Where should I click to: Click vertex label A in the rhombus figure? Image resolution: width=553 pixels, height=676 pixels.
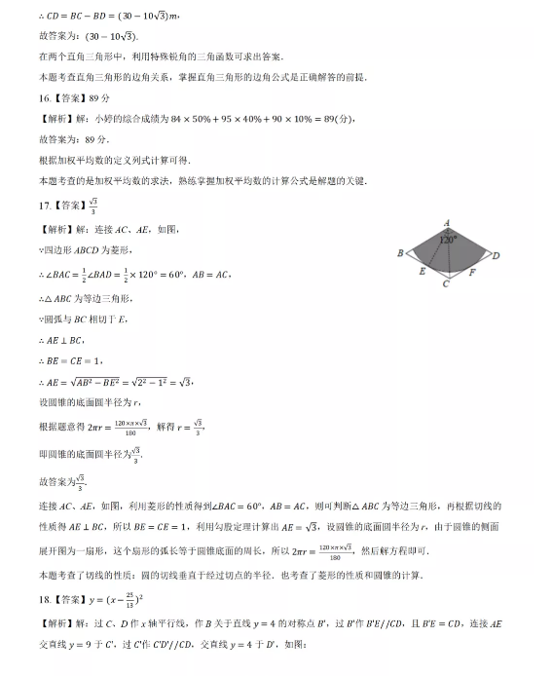446,222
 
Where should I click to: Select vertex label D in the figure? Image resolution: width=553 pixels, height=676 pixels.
496,255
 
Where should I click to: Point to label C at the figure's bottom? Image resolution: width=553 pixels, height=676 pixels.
445,284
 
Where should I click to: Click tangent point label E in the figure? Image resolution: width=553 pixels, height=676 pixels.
422,272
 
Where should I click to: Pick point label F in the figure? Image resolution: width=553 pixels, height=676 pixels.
472,273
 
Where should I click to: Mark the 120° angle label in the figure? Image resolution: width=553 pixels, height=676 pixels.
447,238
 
